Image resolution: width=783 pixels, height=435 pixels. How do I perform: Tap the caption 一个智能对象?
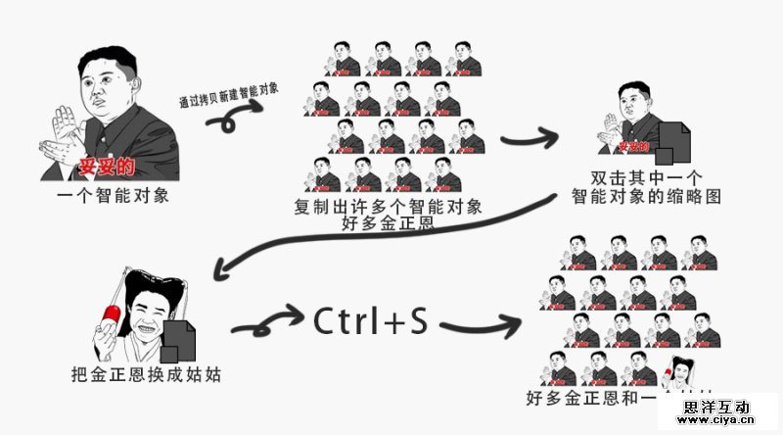113,195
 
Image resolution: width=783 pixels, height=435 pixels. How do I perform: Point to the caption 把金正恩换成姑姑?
146,373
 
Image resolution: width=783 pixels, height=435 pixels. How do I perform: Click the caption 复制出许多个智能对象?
388,207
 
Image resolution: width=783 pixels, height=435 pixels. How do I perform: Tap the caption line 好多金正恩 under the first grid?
388,224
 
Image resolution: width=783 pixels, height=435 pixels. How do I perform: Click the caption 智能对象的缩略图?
646,196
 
